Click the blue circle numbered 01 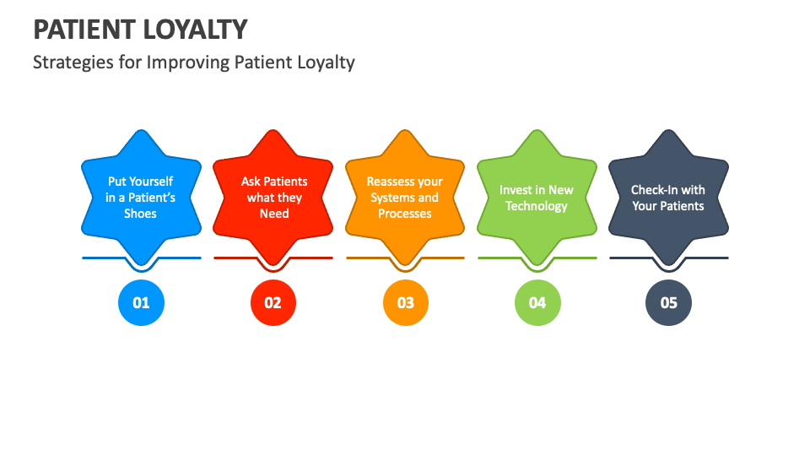click(141, 302)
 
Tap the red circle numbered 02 click(273, 302)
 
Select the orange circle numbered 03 click(405, 302)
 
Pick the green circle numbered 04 click(537, 302)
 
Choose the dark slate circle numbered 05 click(668, 302)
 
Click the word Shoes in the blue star click(141, 214)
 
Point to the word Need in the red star click(274, 214)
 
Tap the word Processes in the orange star click(405, 214)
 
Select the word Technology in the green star click(537, 206)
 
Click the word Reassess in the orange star click(391, 182)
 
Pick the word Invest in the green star click(516, 190)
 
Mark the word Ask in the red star click(251, 182)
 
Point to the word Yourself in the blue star click(152, 182)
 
